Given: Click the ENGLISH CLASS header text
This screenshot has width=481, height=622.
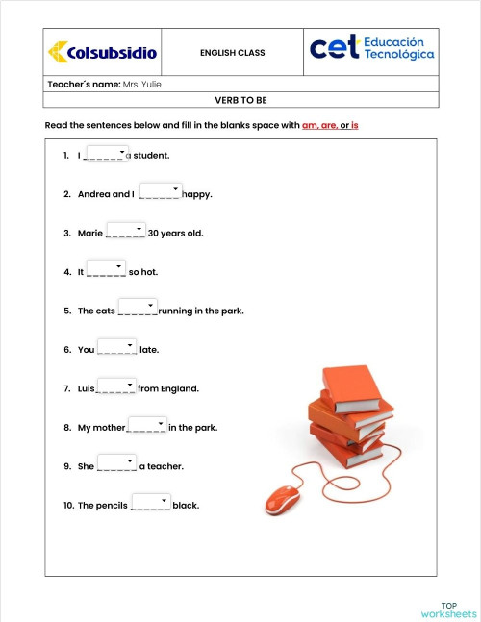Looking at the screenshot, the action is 232,52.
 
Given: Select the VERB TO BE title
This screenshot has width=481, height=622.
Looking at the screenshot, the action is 240,99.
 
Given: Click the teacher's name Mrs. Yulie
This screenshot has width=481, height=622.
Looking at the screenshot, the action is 141,84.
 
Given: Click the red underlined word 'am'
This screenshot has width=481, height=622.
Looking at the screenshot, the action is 309,126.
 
